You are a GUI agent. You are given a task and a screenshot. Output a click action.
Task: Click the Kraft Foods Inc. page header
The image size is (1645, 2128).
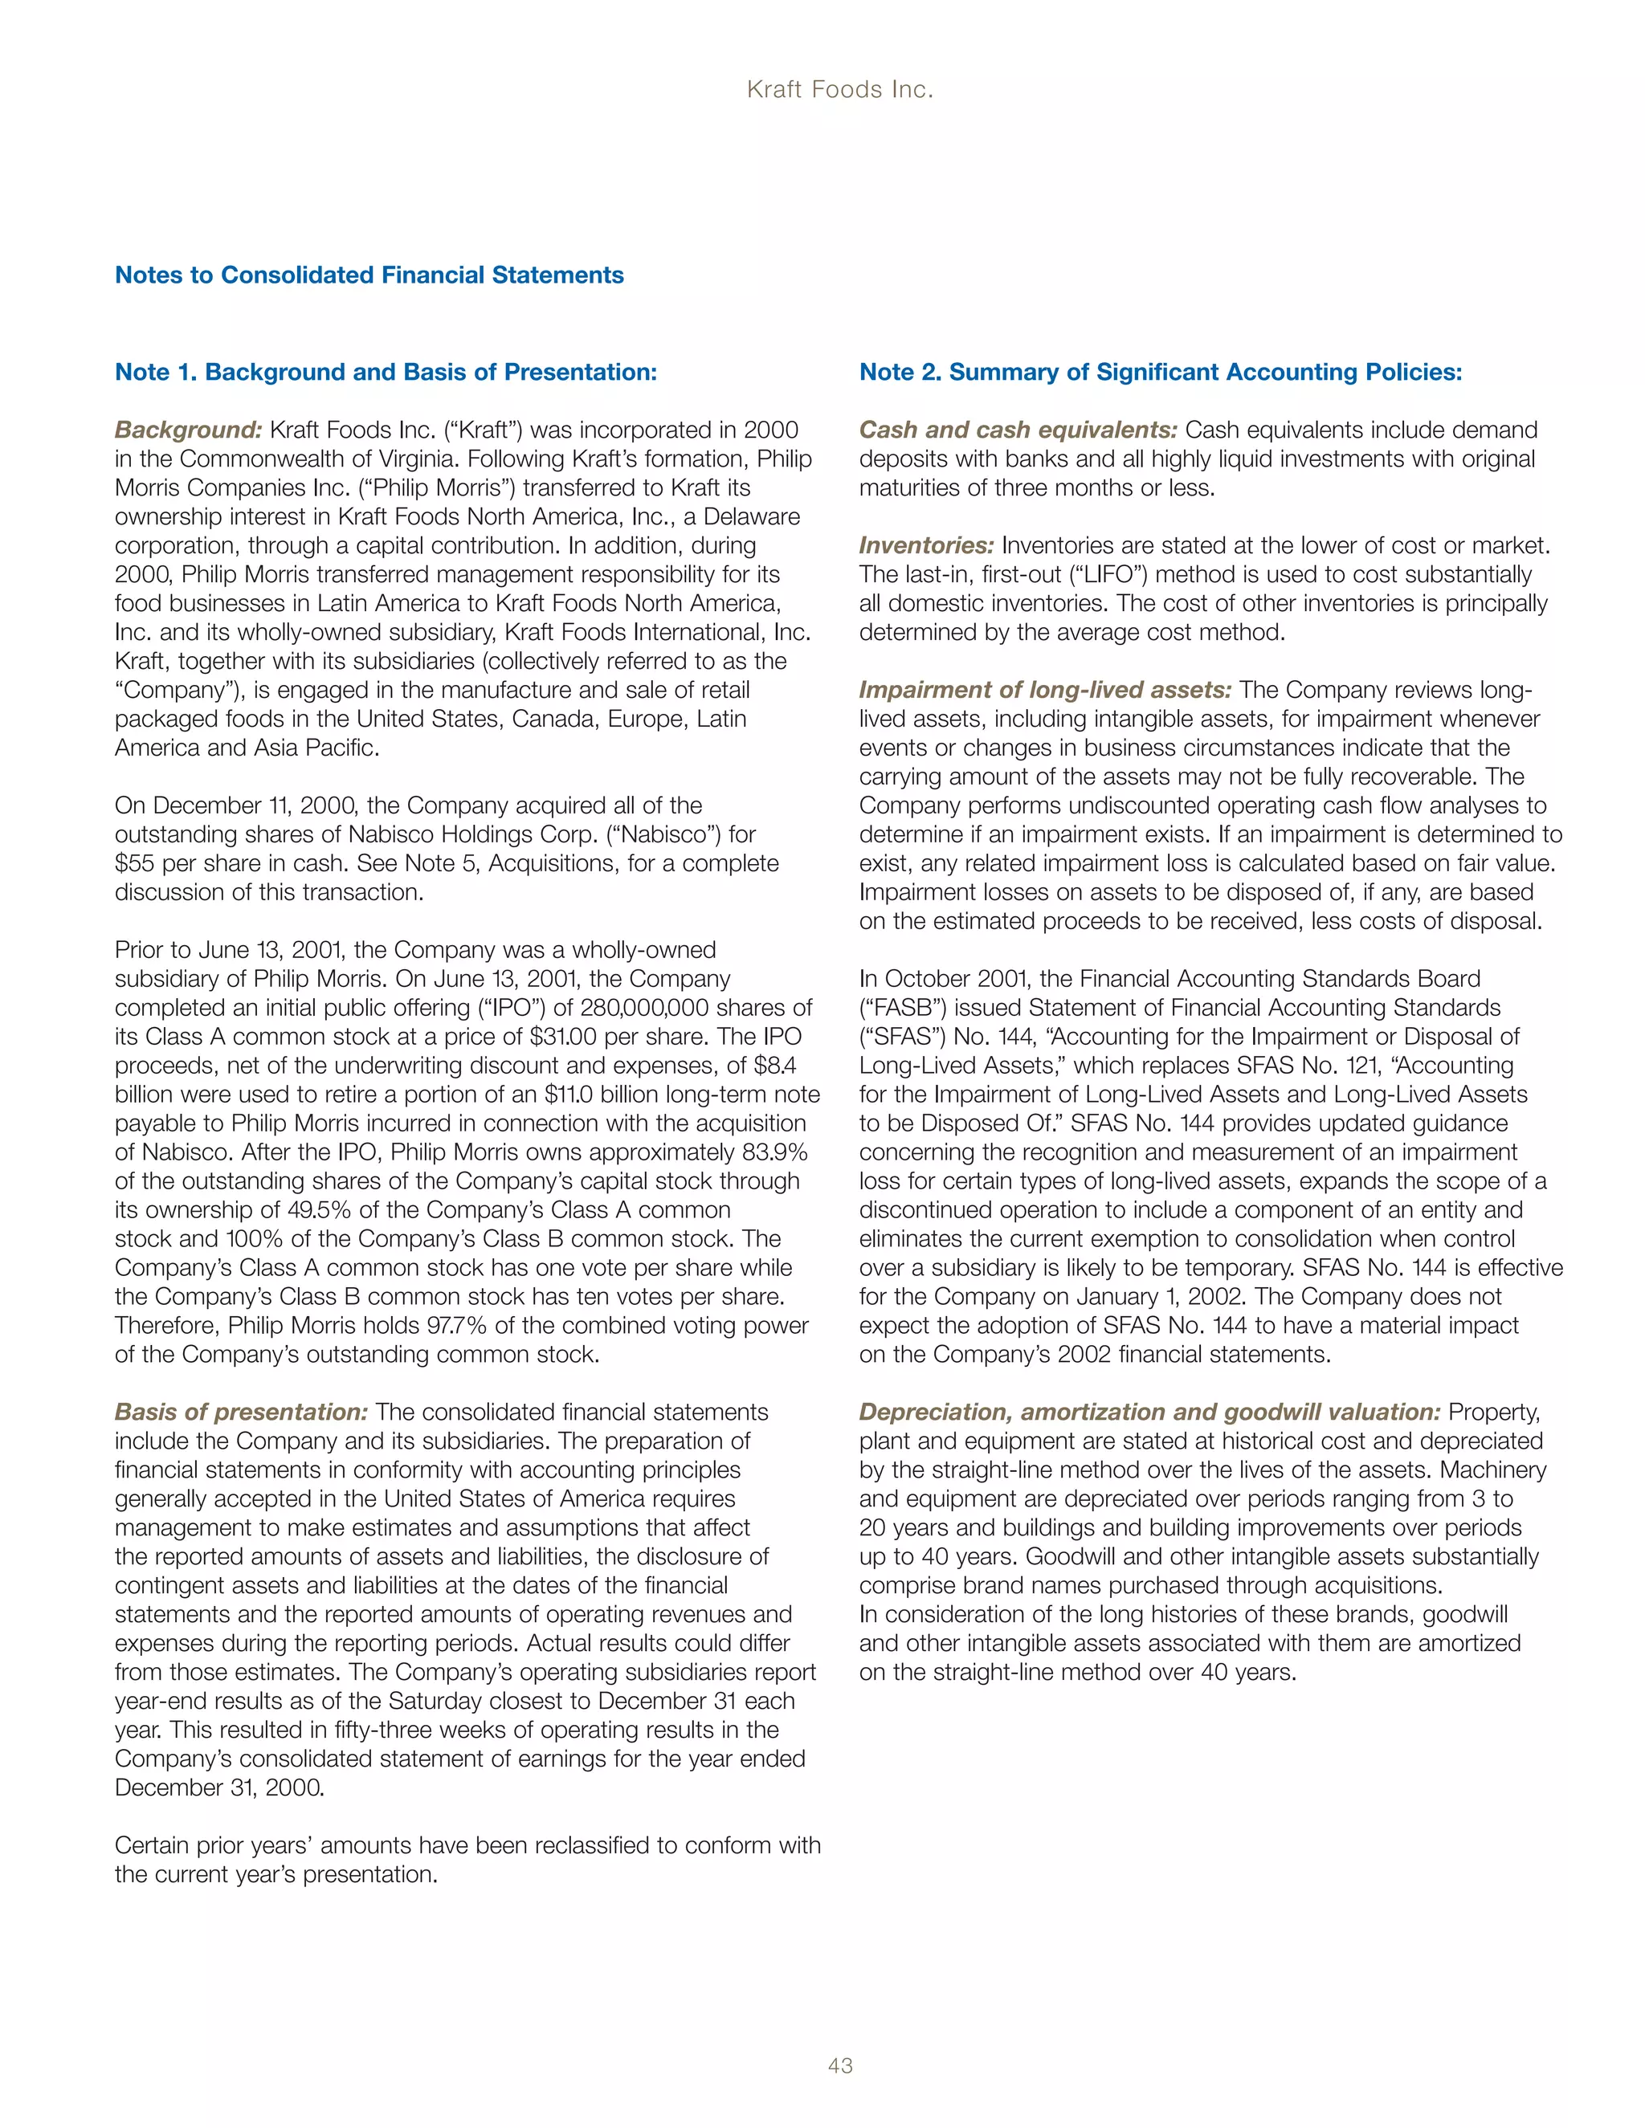840,90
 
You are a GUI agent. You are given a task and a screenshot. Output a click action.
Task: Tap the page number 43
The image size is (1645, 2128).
840,2065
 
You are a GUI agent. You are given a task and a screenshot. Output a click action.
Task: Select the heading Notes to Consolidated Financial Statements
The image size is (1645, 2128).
369,275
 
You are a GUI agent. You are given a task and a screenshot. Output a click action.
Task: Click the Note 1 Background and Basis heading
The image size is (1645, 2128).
386,373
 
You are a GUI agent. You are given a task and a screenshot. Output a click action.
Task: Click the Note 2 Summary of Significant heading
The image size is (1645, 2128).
1160,373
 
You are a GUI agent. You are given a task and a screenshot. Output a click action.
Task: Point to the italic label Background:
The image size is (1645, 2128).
189,430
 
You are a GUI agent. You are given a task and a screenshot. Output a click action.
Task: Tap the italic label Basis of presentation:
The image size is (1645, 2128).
242,1412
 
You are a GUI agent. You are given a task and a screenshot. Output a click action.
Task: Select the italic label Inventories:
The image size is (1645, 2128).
926,545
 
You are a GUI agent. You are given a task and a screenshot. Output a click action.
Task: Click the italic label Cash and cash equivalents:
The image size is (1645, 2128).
1018,430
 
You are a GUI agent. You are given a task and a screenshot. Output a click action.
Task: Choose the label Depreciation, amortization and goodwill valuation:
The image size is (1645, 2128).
1150,1412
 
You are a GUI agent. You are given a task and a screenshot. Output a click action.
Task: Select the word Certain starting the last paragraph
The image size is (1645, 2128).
150,1845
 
